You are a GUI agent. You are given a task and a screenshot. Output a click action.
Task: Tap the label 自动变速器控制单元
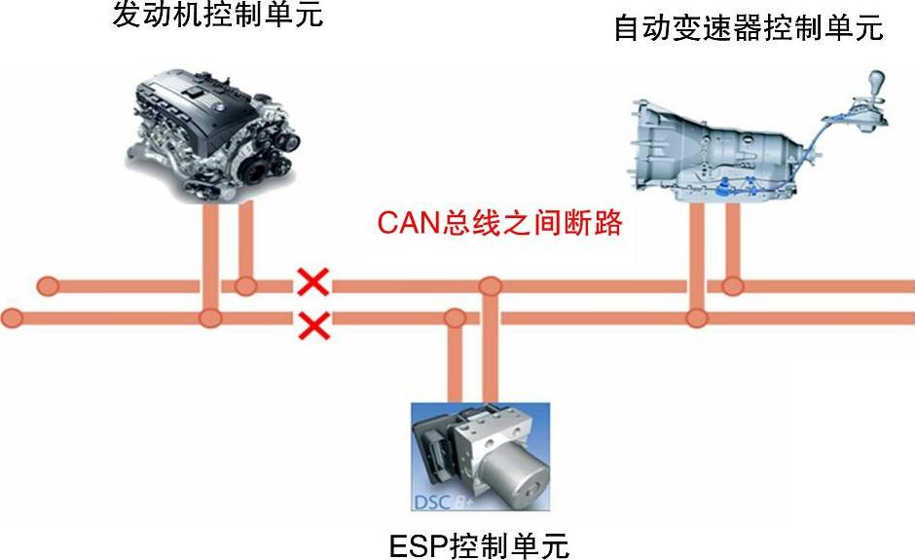[x=748, y=28]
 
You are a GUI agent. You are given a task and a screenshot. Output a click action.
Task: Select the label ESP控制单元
[x=478, y=544]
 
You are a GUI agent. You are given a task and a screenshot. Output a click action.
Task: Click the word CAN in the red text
[x=410, y=223]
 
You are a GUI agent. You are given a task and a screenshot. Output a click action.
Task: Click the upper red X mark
[x=312, y=283]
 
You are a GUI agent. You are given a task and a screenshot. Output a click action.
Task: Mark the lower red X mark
[x=313, y=324]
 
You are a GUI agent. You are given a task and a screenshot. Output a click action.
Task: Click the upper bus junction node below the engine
[x=245, y=285]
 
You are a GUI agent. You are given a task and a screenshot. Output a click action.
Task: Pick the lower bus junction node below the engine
[x=209, y=317]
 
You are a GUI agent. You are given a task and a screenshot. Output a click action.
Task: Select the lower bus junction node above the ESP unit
[x=454, y=317]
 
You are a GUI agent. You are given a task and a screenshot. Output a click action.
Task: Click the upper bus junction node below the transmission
[x=732, y=286]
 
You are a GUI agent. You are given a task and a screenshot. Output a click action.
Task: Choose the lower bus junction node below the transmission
[x=696, y=317]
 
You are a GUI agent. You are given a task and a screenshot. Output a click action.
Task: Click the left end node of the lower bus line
[x=13, y=317]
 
